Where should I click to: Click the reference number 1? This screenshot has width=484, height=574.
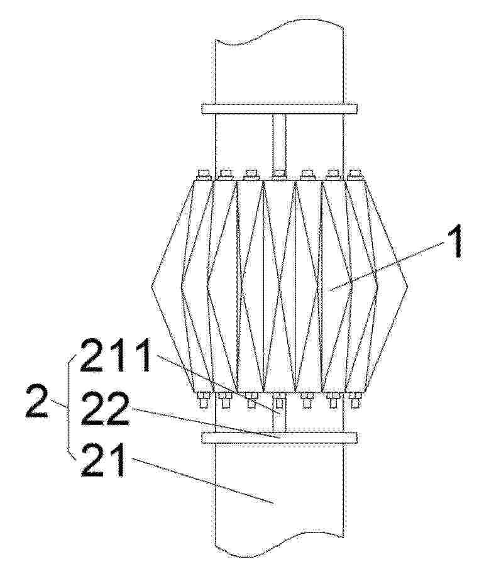[x=454, y=241]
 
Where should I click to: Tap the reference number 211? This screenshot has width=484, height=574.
[x=115, y=355]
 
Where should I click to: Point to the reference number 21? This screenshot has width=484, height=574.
[x=103, y=460]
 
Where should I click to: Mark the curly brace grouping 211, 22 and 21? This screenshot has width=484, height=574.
[x=69, y=406]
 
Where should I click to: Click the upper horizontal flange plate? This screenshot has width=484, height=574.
[x=279, y=108]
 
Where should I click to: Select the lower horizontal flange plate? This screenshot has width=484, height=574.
[x=279, y=437]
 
